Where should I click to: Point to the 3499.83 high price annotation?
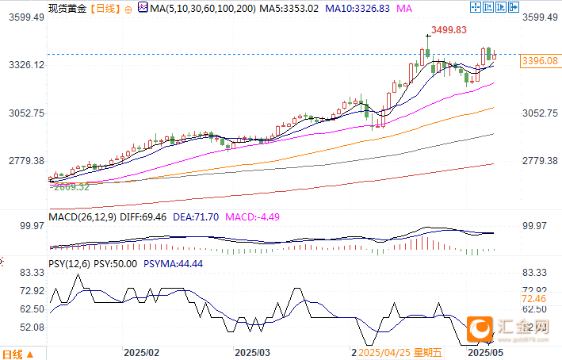click(x=448, y=30)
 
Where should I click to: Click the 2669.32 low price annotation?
click(x=70, y=187)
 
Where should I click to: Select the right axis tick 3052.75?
click(x=542, y=113)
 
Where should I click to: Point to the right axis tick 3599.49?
click(x=542, y=17)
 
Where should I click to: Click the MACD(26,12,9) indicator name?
click(x=82, y=216)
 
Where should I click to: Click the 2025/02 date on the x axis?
click(x=143, y=350)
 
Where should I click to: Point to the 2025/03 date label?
click(x=254, y=350)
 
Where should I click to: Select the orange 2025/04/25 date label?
click(x=388, y=350)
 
